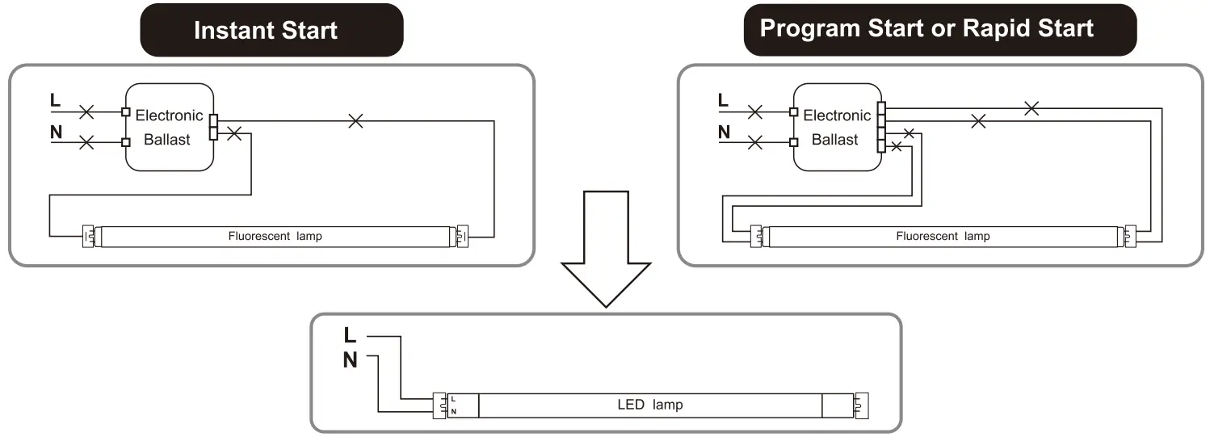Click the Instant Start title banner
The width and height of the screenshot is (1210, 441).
click(266, 31)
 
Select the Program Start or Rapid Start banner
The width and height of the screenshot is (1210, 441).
click(926, 29)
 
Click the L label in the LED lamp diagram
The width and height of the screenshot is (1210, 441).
click(350, 335)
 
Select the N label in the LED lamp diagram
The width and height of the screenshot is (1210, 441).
click(350, 361)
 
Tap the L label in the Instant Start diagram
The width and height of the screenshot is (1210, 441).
click(55, 100)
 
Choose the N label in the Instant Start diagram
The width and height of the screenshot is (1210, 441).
click(56, 132)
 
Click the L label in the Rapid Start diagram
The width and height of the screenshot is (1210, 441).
click(723, 100)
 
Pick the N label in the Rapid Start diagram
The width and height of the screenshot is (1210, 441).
click(724, 132)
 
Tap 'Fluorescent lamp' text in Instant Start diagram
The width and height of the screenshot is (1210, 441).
click(275, 237)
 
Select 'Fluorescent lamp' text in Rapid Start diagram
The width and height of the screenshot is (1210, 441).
click(943, 237)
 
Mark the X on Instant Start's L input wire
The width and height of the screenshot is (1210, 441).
click(86, 111)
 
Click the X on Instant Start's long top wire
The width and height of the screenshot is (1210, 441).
click(355, 121)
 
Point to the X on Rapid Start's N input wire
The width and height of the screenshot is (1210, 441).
click(754, 143)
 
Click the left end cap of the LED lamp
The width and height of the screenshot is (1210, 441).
click(441, 405)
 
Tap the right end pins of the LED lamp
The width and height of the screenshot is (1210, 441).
click(862, 405)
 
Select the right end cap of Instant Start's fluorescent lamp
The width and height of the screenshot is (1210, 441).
click(462, 237)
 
